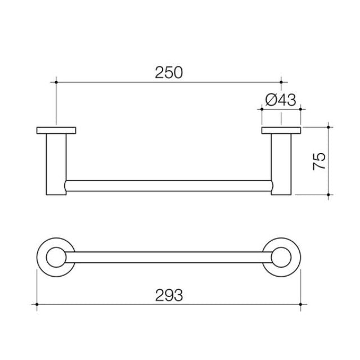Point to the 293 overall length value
point(169,294)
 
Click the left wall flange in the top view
point(56,131)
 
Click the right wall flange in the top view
point(281,131)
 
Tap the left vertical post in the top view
point(56,163)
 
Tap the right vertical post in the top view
point(281,163)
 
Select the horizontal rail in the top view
point(169,186)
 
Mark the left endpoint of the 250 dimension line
point(56,82)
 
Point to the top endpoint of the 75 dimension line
point(330,127)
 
